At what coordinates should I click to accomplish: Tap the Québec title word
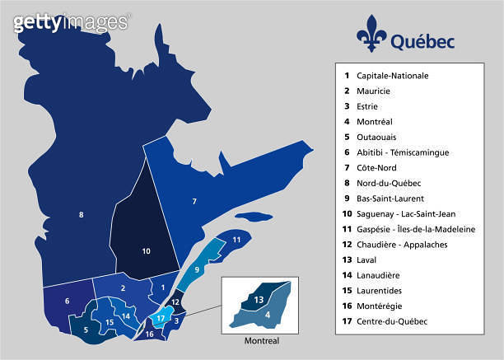[418, 40]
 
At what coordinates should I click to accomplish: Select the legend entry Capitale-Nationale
[392, 75]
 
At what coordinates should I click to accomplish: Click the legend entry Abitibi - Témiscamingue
[403, 152]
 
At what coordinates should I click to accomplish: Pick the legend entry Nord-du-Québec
[388, 183]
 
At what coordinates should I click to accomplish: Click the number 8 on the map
[81, 216]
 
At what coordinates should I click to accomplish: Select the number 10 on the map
[146, 250]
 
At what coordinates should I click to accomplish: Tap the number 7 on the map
[194, 201]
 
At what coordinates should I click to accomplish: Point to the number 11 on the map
[236, 240]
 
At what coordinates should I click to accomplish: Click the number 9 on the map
[198, 269]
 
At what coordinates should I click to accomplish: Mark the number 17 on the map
[161, 317]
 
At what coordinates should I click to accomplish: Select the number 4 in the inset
[268, 314]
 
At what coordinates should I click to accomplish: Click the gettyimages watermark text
[71, 22]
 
